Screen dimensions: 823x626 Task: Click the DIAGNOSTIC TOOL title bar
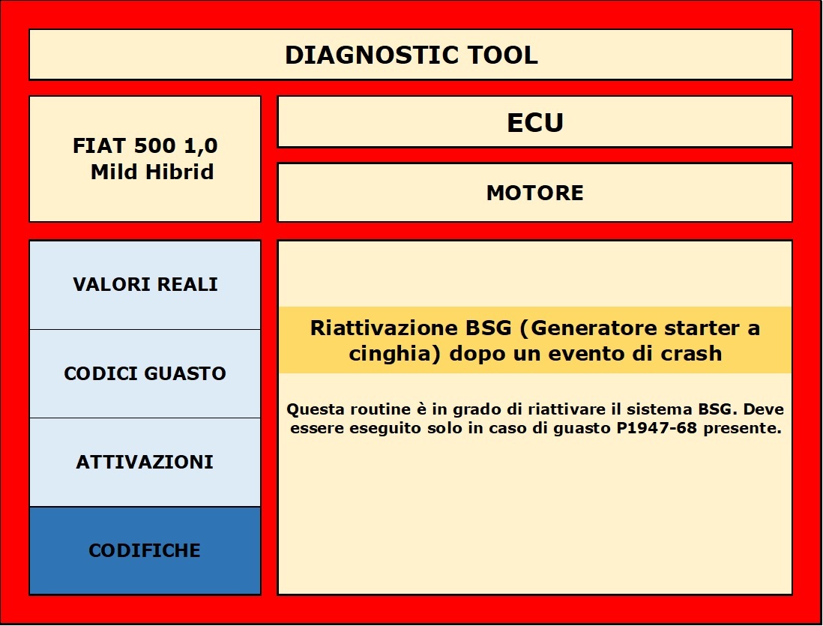[x=411, y=55]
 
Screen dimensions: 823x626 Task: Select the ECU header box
[x=534, y=122]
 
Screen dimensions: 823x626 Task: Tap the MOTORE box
[x=534, y=193]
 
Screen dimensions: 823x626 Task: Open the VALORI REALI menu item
[x=145, y=285]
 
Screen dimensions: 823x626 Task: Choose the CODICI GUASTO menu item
[x=145, y=373]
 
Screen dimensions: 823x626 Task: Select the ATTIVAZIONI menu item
[x=145, y=462]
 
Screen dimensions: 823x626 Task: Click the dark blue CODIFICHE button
[x=145, y=550]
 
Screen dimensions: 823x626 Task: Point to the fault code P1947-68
[x=657, y=428]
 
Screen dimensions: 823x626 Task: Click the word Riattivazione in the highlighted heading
[x=385, y=328]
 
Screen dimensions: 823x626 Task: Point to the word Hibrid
[x=179, y=172]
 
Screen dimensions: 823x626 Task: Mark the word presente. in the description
[x=743, y=429]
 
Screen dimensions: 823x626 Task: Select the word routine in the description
[x=381, y=409]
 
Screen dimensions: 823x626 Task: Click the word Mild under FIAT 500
[x=114, y=172]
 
